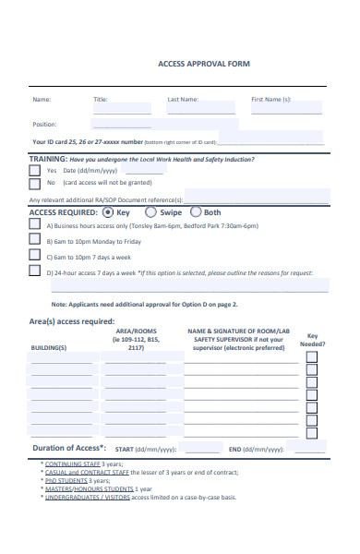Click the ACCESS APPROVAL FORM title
click(204, 64)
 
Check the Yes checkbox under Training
click(35, 171)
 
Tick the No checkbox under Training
click(35, 183)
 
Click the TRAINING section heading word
click(47, 159)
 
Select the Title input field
click(122, 108)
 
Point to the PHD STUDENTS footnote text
click(67, 480)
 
